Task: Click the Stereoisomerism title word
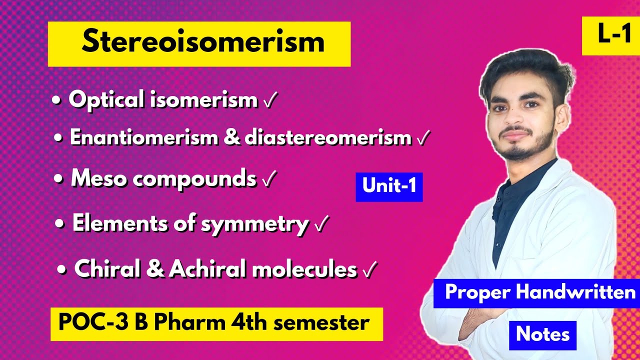click(x=203, y=42)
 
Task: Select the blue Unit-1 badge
click(x=389, y=186)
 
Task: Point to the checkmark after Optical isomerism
click(x=269, y=101)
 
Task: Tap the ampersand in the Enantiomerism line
click(x=231, y=138)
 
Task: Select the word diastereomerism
click(x=328, y=138)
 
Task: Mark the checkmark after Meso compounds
click(x=268, y=180)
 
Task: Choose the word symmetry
click(x=254, y=224)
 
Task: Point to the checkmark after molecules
click(x=369, y=271)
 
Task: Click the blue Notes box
click(x=542, y=334)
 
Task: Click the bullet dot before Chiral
click(x=61, y=270)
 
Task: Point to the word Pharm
click(x=188, y=323)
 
